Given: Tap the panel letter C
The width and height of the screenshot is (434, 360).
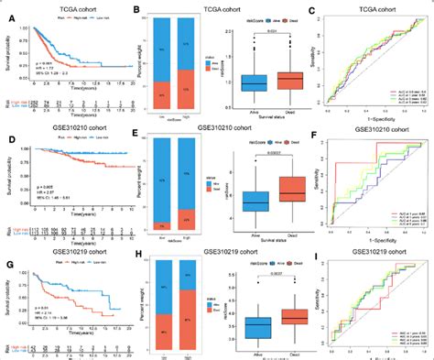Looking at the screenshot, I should coord(313,11).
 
